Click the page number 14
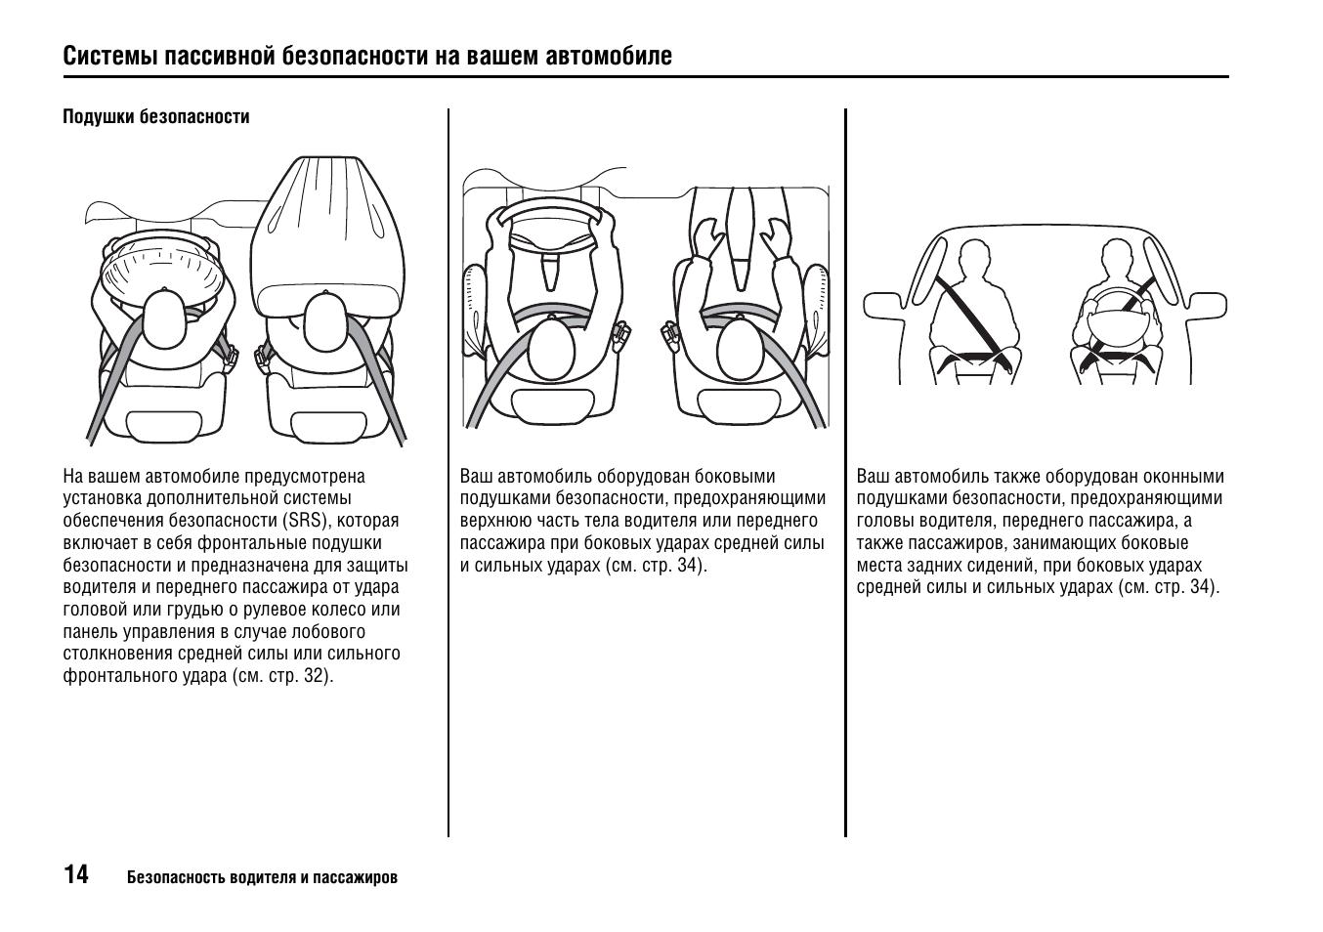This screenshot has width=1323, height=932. tap(76, 874)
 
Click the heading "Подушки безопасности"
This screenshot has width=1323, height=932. tap(156, 117)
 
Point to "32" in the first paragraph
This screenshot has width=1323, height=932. tap(315, 676)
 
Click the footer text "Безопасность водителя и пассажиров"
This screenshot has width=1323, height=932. tap(262, 877)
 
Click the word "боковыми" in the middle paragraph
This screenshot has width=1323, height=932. tap(735, 477)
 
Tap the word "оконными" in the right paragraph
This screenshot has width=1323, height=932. tap(1183, 477)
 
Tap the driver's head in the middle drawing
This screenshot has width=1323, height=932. tap(555, 352)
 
